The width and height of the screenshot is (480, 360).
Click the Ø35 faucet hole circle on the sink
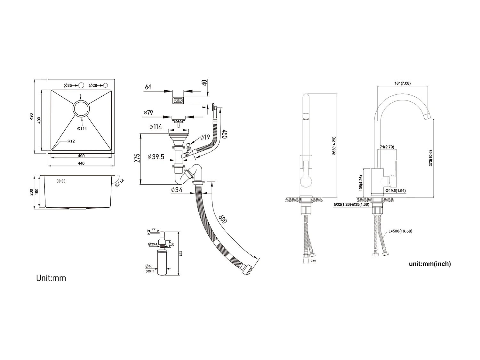[x=81, y=85]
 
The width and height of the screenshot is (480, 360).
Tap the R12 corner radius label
[x=71, y=141]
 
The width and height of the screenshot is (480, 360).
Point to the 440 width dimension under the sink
[x=81, y=164]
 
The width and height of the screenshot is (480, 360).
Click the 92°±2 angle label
[x=120, y=182]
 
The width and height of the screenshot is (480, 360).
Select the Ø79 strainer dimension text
[x=148, y=113]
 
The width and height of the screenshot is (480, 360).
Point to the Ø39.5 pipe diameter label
[x=156, y=157]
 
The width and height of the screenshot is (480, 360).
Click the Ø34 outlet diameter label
[x=177, y=190]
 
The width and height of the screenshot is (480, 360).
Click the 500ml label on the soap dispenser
[x=150, y=271]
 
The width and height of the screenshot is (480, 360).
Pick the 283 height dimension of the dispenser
[x=180, y=253]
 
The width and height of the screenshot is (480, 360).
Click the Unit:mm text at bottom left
[x=51, y=278]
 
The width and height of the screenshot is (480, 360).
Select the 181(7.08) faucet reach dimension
[x=402, y=83]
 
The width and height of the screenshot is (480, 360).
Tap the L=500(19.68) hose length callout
[x=401, y=230]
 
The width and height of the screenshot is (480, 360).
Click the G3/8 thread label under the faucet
[x=313, y=261]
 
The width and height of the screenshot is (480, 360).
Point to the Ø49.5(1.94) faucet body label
[x=396, y=191]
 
